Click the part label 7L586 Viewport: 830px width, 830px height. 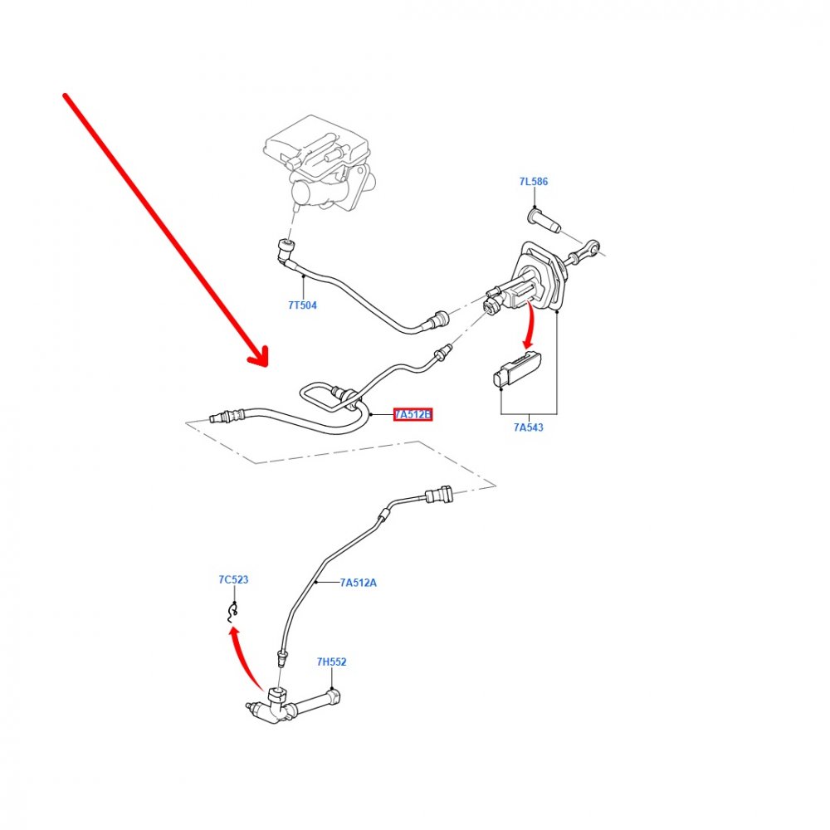point(533,182)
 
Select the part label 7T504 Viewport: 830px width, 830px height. point(302,305)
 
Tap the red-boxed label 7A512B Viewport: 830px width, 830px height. point(413,414)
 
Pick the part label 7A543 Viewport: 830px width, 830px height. point(528,427)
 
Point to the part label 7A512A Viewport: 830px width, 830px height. point(359,583)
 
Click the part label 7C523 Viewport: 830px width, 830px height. point(233,579)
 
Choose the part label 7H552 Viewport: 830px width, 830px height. point(331,662)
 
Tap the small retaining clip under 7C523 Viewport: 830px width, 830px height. point(232,613)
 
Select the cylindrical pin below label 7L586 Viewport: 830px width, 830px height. point(544,222)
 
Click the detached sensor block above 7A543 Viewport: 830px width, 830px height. point(518,369)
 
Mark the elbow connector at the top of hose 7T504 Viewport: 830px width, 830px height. point(286,251)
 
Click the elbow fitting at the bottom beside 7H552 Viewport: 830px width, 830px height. point(276,706)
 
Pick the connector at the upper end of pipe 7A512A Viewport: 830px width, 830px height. point(439,496)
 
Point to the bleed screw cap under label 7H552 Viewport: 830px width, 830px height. point(334,696)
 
